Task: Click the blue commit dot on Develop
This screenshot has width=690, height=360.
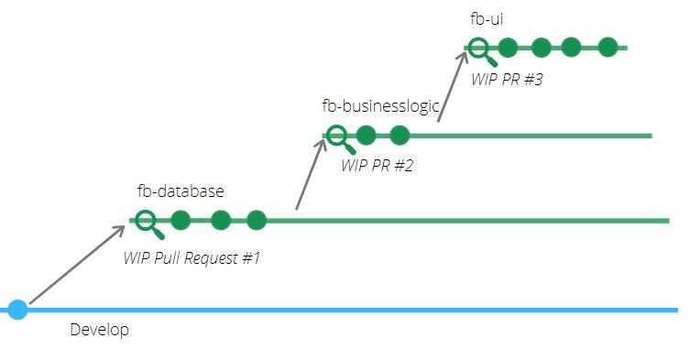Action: click(17, 310)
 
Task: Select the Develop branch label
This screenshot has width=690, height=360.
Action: click(100, 330)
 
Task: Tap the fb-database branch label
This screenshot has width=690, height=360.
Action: click(181, 191)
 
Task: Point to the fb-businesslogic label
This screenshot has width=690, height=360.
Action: click(380, 106)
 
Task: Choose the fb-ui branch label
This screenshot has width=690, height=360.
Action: click(487, 19)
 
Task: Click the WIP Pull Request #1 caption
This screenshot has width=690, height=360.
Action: click(192, 258)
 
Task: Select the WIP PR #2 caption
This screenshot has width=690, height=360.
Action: click(378, 166)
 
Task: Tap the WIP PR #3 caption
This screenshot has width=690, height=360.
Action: click(507, 80)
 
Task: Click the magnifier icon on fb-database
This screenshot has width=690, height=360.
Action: click(149, 224)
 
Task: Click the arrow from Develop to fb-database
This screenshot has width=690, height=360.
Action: click(78, 265)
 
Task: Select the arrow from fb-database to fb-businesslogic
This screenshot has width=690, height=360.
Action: click(312, 174)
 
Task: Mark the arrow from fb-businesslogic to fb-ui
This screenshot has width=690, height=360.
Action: click(453, 86)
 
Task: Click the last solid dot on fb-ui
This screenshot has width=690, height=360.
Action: click(608, 47)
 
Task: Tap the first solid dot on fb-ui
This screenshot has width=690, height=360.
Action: click(508, 47)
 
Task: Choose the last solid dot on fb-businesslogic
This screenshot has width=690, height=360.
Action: click(400, 135)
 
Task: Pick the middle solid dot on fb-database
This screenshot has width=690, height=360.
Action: click(221, 220)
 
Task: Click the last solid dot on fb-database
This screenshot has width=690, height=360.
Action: click(256, 220)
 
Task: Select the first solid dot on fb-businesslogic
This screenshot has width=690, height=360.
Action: click(366, 135)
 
